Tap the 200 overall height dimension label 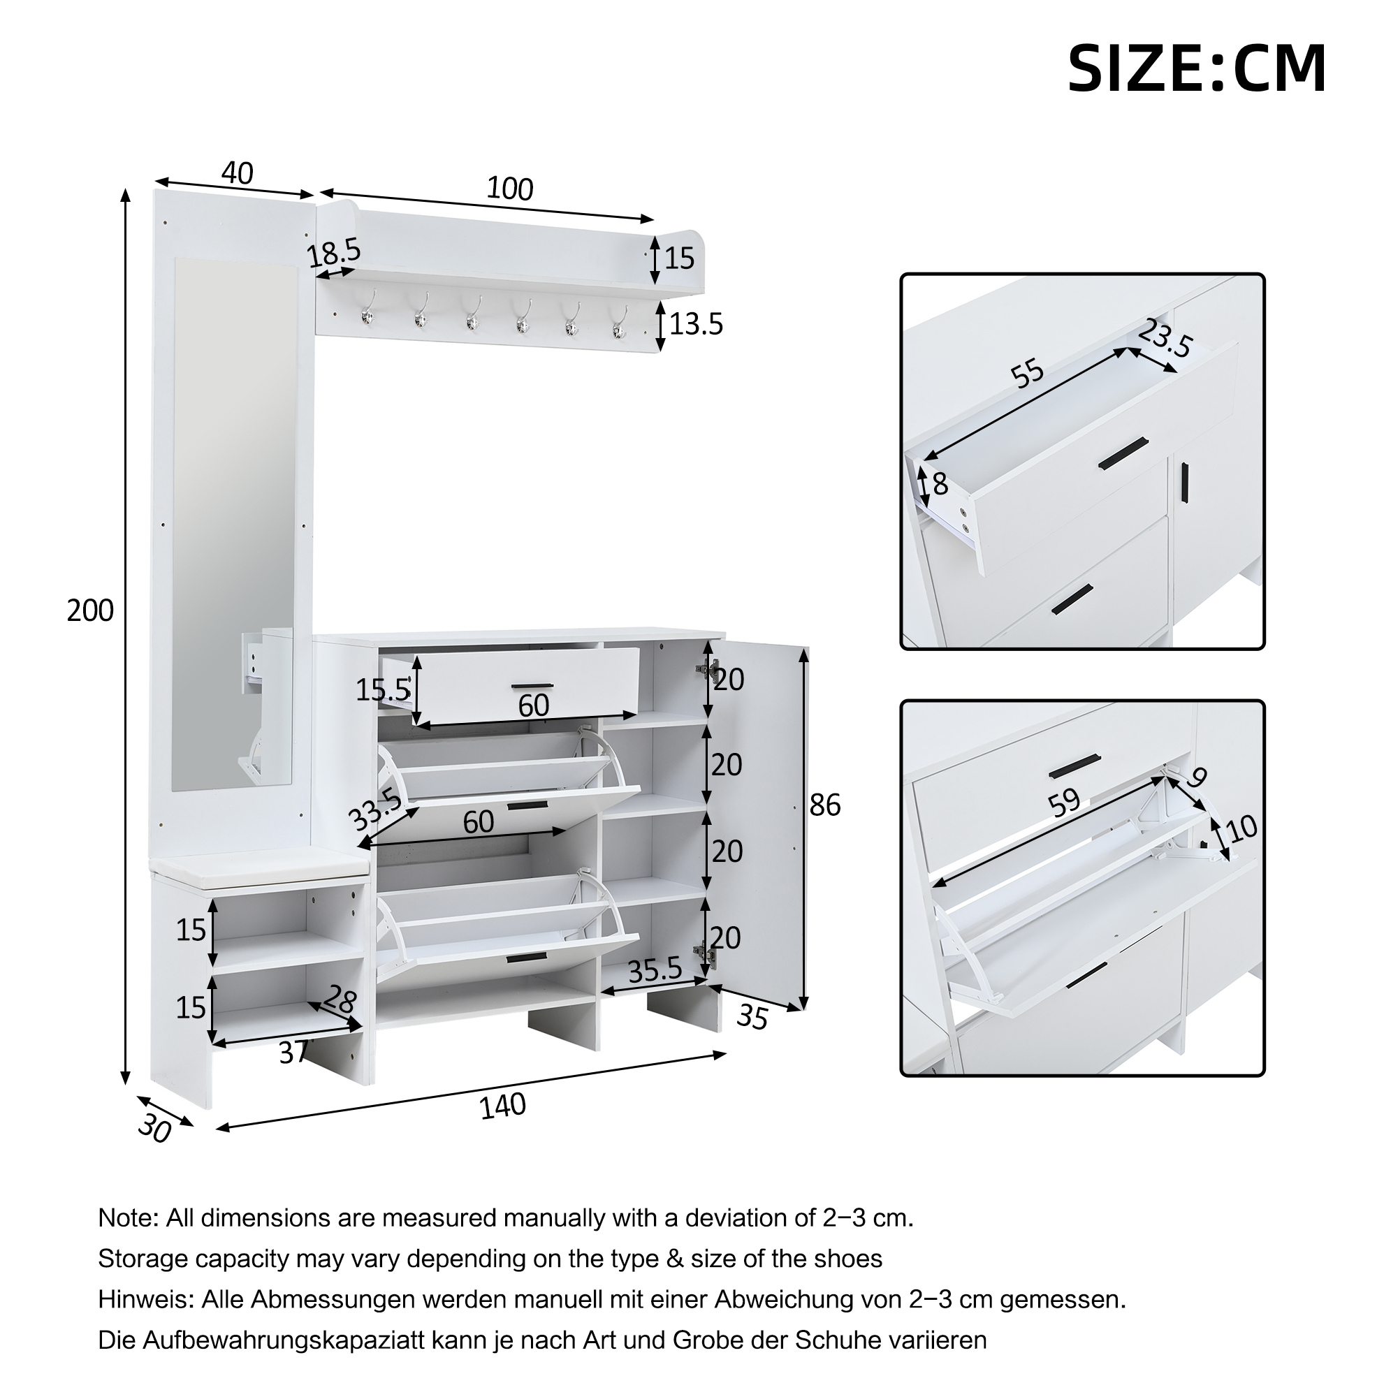90,610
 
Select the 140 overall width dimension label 502,1106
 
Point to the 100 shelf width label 509,189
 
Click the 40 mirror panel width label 238,173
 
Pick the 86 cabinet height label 824,805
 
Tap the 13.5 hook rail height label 696,324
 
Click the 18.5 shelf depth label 334,253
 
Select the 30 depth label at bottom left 154,1127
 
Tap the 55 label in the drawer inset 1028,374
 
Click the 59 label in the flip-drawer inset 1064,803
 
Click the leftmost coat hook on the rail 367,314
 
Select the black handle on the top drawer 532,686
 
